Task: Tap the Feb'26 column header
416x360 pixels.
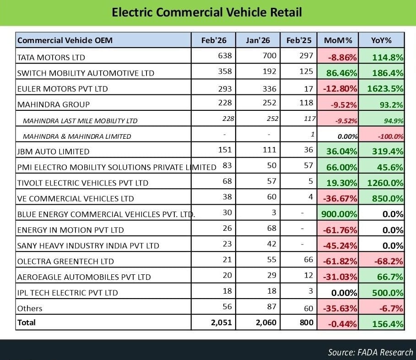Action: [214, 40]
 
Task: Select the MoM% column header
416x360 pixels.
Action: [338, 40]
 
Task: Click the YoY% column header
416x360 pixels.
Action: [381, 40]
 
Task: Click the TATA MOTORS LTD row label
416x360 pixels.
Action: [51, 57]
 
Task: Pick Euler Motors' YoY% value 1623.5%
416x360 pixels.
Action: [384, 88]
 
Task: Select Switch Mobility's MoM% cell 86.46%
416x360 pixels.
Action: [340, 73]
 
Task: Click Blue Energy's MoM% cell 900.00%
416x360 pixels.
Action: [338, 214]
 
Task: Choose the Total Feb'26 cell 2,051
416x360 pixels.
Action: [222, 322]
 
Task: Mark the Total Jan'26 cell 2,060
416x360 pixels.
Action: [266, 322]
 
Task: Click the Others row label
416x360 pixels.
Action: [30, 308]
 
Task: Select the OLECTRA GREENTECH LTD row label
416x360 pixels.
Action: [65, 261]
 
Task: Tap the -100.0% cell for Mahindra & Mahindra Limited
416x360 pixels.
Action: [390, 136]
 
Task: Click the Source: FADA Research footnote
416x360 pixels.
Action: [370, 352]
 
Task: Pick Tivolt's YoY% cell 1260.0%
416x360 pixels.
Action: [385, 183]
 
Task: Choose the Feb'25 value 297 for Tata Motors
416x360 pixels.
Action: [306, 56]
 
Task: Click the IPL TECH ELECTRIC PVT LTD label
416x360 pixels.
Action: [67, 293]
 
